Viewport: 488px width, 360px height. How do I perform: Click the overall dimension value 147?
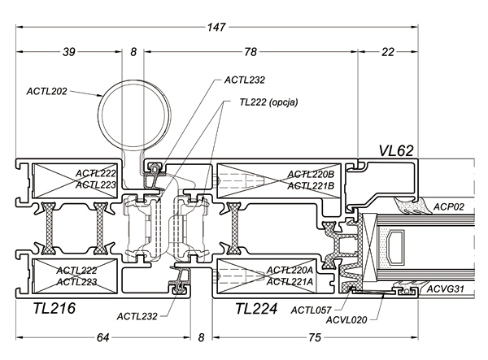tap(216, 28)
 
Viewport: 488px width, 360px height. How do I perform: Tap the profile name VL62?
tap(397, 150)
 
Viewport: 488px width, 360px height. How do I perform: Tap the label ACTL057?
tap(311, 310)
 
